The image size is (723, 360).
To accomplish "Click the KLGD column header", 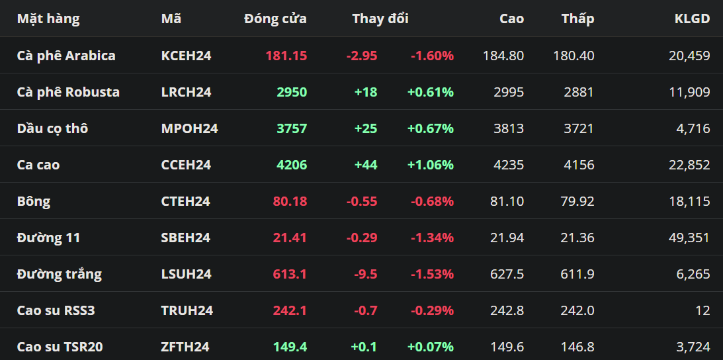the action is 692,19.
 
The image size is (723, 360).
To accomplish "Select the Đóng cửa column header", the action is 275,19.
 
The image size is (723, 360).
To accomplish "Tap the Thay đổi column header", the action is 380,19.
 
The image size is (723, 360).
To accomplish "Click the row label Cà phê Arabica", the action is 66,56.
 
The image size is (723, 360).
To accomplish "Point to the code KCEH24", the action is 187,56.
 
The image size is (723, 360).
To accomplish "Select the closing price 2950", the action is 292,92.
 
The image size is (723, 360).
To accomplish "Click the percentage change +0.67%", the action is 431,129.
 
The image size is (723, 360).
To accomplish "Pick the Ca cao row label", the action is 38,165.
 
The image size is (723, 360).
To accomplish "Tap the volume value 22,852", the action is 689,165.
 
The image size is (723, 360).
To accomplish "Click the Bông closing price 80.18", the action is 290,202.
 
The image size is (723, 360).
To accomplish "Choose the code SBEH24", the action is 186,238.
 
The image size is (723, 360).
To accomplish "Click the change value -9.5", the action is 366,275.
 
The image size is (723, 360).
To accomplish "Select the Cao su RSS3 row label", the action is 56,310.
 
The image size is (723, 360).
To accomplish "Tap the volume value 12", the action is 703,310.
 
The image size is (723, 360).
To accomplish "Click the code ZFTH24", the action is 185,347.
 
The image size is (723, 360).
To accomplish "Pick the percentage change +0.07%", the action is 431,347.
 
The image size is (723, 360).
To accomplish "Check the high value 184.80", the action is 503,56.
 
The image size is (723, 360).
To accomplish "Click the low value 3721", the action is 579,129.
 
